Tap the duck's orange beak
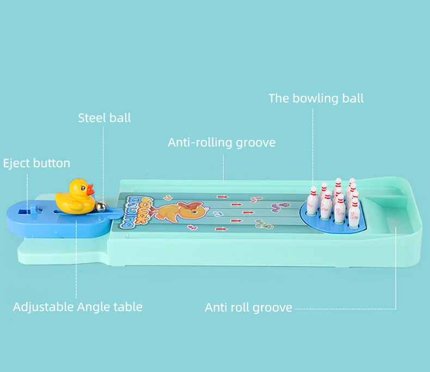point(92,191)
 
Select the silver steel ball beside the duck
point(101,206)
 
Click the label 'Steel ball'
point(104,118)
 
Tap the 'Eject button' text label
point(36,163)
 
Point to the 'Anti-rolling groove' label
point(222,143)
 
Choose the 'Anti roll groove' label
point(248,308)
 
